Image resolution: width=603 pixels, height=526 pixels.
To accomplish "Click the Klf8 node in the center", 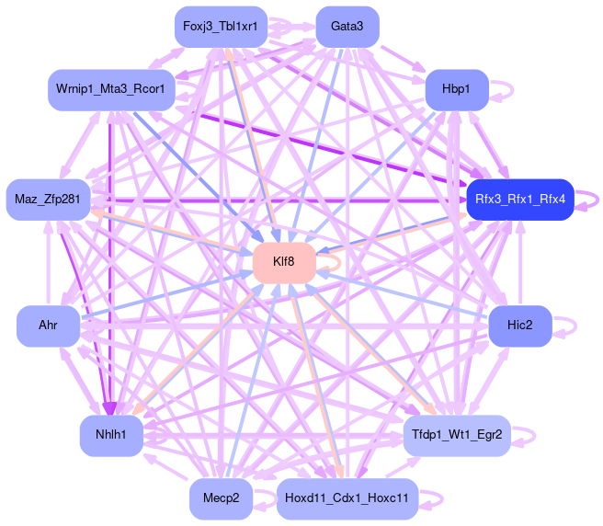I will pos(284,262).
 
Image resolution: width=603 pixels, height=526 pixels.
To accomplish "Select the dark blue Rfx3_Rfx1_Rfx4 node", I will pos(520,199).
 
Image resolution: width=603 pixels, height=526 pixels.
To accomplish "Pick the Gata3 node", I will pos(347,27).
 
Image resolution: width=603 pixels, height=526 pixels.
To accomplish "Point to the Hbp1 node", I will pos(456,90).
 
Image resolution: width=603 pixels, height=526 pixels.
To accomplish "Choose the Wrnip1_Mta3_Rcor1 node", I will pos(111,90).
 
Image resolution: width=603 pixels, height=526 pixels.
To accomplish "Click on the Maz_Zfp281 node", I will pos(47,200).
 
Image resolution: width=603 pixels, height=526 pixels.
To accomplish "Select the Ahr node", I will pos(48,326).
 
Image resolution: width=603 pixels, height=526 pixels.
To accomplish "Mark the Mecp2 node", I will pos(221,498).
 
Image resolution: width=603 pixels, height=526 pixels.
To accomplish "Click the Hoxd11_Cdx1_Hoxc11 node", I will pos(347,498).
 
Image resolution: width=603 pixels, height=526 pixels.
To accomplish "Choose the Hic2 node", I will pos(519,326).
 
